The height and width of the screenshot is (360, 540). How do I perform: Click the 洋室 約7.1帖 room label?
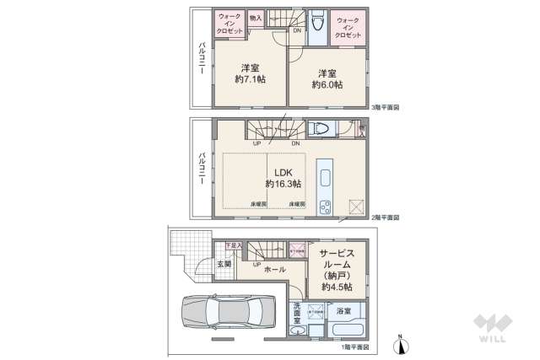tap(249, 74)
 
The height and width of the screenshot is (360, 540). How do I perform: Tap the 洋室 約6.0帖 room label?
tap(327, 78)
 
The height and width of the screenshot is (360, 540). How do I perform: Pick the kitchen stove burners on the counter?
tap(325, 206)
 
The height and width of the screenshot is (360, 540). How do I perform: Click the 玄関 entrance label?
tap(223, 264)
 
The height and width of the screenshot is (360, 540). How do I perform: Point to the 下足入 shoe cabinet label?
tap(234, 245)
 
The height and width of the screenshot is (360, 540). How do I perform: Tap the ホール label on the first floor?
tap(274, 270)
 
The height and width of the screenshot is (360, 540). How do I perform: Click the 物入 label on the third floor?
tap(256, 18)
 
